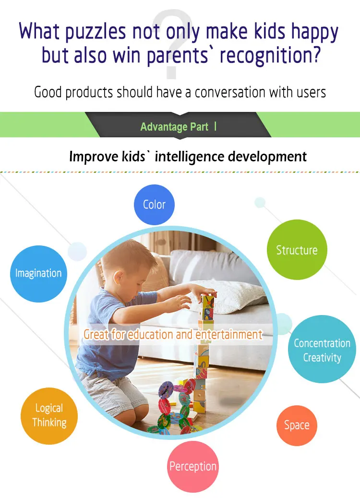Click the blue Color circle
coord(154,205)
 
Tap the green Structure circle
coord(297,250)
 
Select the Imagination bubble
coord(38,273)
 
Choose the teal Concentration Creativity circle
coord(322,349)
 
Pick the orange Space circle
coord(297,425)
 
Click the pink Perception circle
coord(193,466)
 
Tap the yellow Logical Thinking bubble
coord(49,416)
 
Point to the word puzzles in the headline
coord(96,32)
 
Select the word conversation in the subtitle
coord(230,92)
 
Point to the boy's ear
coord(119,277)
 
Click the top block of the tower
coord(208,301)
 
